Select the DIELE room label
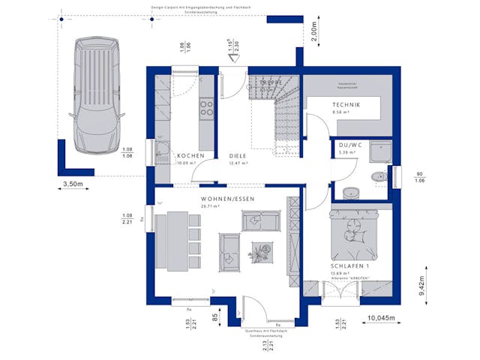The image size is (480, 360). pos(238,155)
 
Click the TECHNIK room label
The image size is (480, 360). pos(346,105)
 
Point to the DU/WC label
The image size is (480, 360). pos(349,145)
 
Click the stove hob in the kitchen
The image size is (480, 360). pos(205,108)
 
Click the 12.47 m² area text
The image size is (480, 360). pos(238,163)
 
